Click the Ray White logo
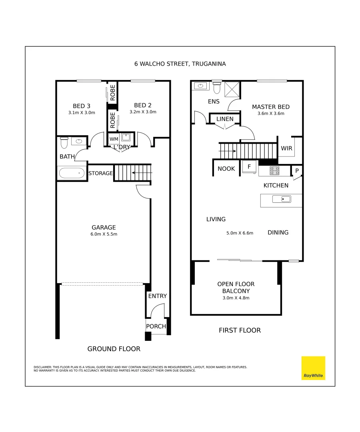(x=313, y=368)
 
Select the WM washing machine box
(x=114, y=139)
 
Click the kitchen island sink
(x=281, y=199)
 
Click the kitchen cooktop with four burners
(x=274, y=171)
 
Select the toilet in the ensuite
(x=217, y=87)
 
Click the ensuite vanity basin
(x=200, y=86)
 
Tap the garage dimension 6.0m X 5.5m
(x=104, y=234)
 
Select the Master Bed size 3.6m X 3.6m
(x=270, y=114)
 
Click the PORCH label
(x=156, y=326)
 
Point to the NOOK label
(x=226, y=169)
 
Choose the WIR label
(x=286, y=148)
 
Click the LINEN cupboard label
(x=225, y=119)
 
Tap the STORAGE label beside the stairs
(x=100, y=174)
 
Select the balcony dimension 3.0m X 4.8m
(x=236, y=298)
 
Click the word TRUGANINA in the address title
(x=209, y=64)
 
